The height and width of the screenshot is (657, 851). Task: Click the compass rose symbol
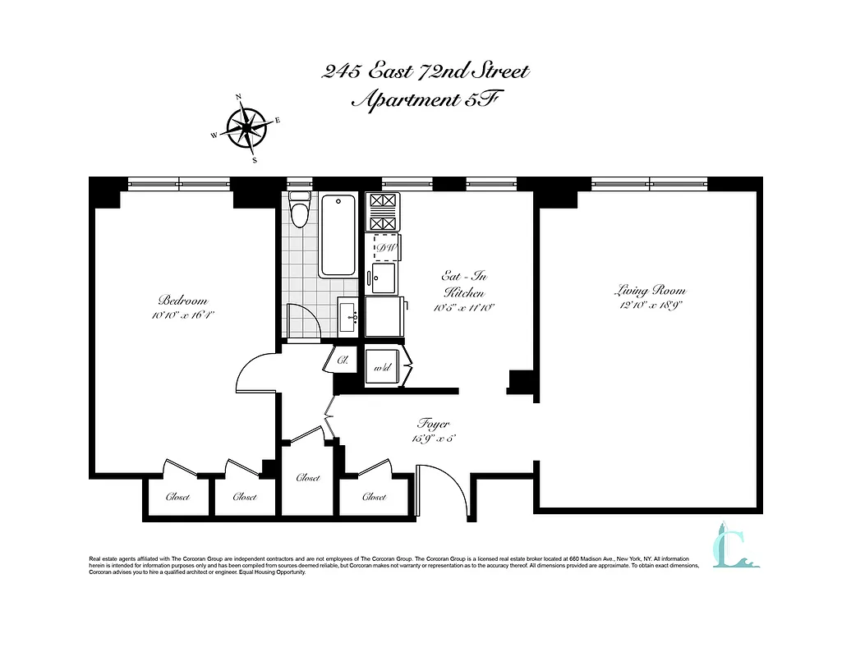tap(244, 127)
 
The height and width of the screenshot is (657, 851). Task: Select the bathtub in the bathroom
tap(338, 235)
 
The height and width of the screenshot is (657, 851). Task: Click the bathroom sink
tap(347, 315)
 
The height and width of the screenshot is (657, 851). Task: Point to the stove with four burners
tap(382, 213)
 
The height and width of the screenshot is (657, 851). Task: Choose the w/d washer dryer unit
tap(383, 367)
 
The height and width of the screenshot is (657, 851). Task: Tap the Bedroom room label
tap(182, 301)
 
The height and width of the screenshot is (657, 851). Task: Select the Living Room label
tap(650, 291)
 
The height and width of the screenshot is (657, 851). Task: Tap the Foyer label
tap(433, 425)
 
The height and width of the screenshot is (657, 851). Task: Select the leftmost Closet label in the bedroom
tap(177, 497)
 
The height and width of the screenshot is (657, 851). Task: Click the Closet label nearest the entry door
tap(374, 497)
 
